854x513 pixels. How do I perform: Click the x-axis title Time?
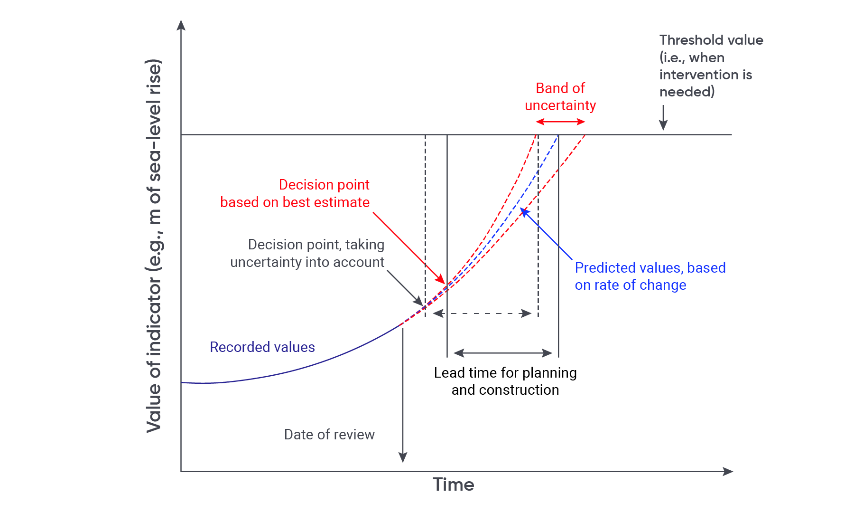point(453,484)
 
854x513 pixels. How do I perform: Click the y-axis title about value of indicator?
point(154,246)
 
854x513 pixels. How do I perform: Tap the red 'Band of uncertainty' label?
point(560,96)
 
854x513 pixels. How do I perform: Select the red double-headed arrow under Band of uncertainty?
point(560,122)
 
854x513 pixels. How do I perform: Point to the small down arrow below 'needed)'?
point(663,117)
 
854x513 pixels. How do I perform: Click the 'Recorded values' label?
point(262,347)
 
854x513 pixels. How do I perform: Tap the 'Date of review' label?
point(329,435)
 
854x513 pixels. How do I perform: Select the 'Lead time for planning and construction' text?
point(505,381)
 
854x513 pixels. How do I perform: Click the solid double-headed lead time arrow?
point(503,353)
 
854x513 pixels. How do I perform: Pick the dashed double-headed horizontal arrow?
point(482,313)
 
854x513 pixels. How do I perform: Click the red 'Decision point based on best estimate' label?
point(295,193)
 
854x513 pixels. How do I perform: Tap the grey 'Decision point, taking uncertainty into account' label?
point(307,253)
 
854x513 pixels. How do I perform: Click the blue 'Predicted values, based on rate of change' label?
point(650,276)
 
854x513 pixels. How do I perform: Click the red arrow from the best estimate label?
point(409,248)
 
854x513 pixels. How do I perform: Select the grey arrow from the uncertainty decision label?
point(405,288)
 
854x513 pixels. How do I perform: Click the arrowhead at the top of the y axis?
point(181,25)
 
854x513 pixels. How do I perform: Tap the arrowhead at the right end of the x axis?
point(728,471)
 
